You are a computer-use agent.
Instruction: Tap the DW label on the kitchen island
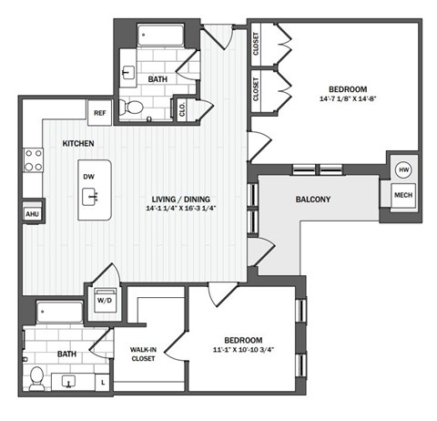click(88, 177)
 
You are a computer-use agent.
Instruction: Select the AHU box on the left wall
click(32, 213)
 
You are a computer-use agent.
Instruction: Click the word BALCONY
click(312, 200)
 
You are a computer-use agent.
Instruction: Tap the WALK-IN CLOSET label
click(143, 353)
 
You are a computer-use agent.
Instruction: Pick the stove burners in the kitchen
click(33, 160)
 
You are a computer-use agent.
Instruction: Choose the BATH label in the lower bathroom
click(66, 354)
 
